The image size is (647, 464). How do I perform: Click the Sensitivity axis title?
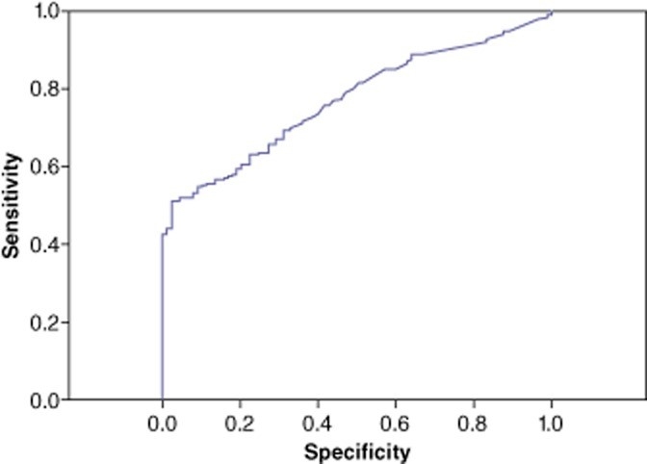(x=12, y=206)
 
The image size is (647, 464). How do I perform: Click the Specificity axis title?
(x=357, y=452)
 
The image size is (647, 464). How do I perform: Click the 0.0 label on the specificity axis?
(x=162, y=424)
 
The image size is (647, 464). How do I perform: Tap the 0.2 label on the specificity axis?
(x=240, y=424)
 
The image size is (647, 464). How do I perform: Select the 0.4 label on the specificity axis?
(x=318, y=424)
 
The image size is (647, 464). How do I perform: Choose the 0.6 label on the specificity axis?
(x=396, y=424)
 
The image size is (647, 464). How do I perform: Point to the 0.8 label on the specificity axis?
(x=474, y=424)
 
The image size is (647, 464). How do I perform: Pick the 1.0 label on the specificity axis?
(x=551, y=424)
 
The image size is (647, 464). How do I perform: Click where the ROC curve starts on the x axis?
(x=163, y=399)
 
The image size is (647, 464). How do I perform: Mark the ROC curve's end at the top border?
(x=552, y=12)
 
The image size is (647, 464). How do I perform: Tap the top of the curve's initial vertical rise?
(x=163, y=235)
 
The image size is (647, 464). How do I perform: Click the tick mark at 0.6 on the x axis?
(x=396, y=402)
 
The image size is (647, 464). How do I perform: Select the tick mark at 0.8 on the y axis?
(x=65, y=89)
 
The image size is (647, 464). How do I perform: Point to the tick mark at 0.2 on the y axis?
(x=65, y=322)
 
